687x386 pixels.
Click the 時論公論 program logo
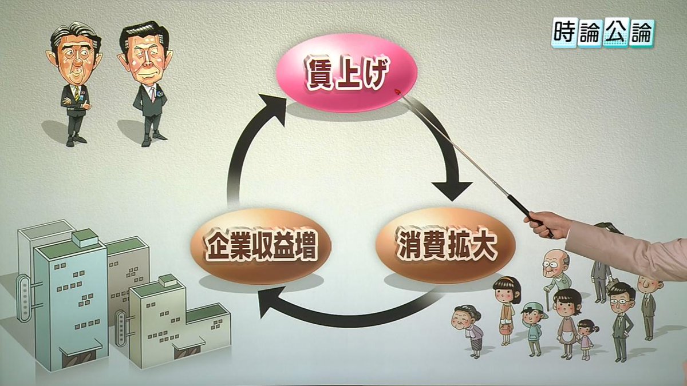602,33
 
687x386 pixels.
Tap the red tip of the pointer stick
397,90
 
